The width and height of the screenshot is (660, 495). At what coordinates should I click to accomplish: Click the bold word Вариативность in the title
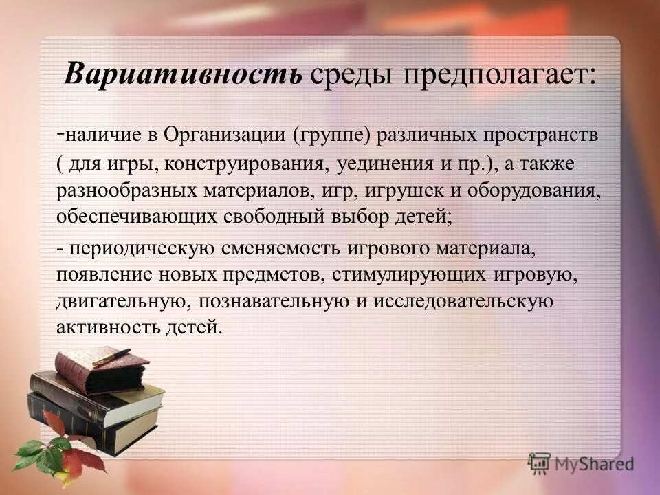coord(183,74)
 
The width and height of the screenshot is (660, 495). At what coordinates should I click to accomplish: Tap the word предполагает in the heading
coord(500,74)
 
